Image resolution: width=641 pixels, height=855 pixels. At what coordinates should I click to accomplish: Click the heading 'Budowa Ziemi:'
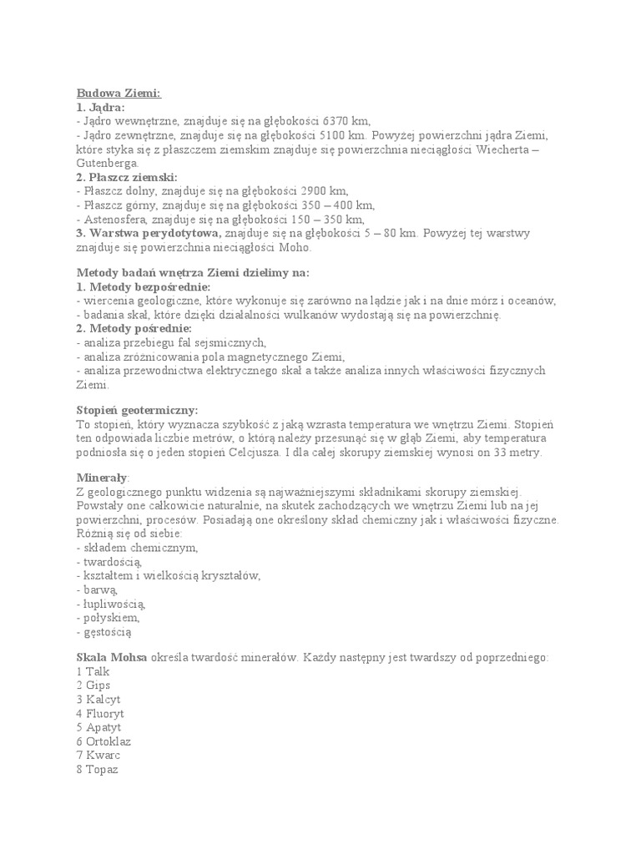119,94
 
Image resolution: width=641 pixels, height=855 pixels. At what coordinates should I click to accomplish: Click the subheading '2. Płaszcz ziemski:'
127,177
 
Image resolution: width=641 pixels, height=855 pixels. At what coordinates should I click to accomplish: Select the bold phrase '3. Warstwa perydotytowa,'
149,233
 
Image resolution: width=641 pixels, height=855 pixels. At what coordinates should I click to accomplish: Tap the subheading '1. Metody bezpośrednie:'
144,286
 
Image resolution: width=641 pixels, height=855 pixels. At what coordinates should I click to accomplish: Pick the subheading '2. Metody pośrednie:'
134,328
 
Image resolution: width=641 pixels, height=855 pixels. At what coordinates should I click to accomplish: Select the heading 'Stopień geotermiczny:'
138,410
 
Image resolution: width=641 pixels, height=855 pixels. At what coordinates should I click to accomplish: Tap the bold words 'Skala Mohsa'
112,657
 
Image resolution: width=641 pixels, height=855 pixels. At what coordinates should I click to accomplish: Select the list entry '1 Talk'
91,671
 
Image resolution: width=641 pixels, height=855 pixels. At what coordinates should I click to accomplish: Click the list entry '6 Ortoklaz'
103,741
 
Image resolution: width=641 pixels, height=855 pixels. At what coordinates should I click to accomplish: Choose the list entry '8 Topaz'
97,769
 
